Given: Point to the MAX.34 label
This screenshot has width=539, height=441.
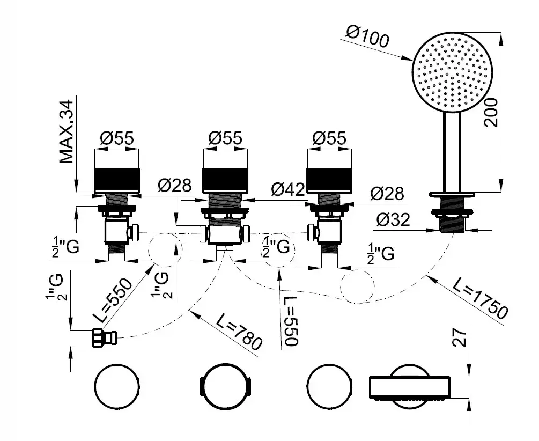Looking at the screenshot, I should [67, 131].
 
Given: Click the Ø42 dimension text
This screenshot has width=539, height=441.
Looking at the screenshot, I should [288, 189].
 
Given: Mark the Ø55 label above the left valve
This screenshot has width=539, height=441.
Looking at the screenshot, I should [116, 138].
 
